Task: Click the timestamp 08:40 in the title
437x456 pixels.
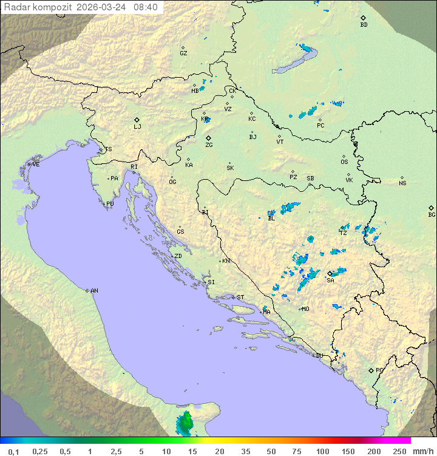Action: (x=146, y=7)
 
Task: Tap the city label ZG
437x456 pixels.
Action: (x=209, y=145)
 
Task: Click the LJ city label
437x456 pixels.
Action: (x=137, y=127)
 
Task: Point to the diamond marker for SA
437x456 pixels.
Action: (x=330, y=273)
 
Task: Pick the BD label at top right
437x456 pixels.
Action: (x=364, y=25)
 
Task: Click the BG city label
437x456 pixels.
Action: (x=432, y=214)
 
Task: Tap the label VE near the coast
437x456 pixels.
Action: (x=36, y=165)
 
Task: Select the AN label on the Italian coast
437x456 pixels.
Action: (x=94, y=291)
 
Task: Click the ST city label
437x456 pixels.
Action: (x=240, y=298)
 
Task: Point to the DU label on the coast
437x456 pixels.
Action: (x=319, y=356)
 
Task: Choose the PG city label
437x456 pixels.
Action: (x=379, y=370)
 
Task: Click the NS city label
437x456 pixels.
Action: (x=402, y=183)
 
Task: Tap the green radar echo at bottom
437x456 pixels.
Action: (x=185, y=423)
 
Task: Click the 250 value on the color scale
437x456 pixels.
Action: (x=399, y=451)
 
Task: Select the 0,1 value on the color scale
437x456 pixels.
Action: (x=13, y=451)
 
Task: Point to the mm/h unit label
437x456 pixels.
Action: (x=422, y=451)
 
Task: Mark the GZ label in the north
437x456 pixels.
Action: (x=183, y=53)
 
